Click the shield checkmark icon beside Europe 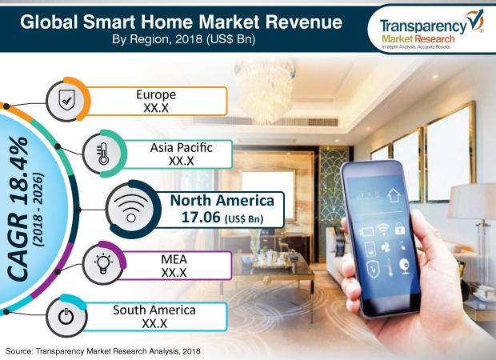tap(67, 100)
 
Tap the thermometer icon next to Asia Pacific tap(103, 154)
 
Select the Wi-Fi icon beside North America tap(131, 208)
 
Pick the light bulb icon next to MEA tap(103, 262)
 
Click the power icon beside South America tap(66, 316)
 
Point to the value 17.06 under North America tap(201, 218)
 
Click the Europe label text tap(156, 94)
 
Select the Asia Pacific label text tap(182, 148)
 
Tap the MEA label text tap(174, 259)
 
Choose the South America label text tap(154, 310)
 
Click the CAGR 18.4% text tap(19, 209)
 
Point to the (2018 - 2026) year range tap(38, 210)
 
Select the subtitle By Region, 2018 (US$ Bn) tap(183, 39)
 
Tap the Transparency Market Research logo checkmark tap(474, 20)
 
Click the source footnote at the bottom tap(103, 351)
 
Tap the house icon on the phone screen tap(394, 195)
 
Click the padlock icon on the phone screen tap(400, 229)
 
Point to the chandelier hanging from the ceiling tap(265, 89)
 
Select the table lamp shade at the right tap(472, 202)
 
